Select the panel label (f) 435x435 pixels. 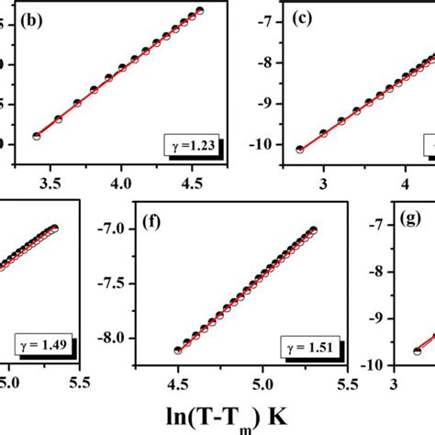152,224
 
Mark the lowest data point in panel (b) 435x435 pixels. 37,136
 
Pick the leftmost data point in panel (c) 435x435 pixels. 299,149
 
